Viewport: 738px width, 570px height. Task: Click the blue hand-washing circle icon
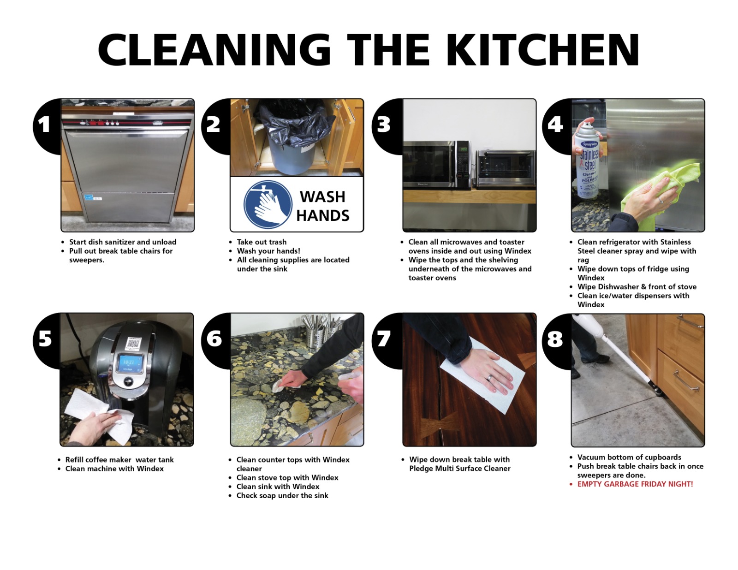[x=268, y=204]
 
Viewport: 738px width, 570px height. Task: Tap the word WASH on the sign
[x=322, y=196]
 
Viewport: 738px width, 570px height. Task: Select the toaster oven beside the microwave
[x=506, y=169]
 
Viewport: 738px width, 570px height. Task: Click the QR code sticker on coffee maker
[x=133, y=344]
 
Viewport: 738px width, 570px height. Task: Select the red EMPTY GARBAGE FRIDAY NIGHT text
[x=635, y=484]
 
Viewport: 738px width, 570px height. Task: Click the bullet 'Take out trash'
[x=261, y=242]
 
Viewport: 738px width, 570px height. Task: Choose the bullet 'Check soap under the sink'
[x=282, y=496]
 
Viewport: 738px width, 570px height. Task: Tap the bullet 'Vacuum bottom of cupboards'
[x=629, y=457]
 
